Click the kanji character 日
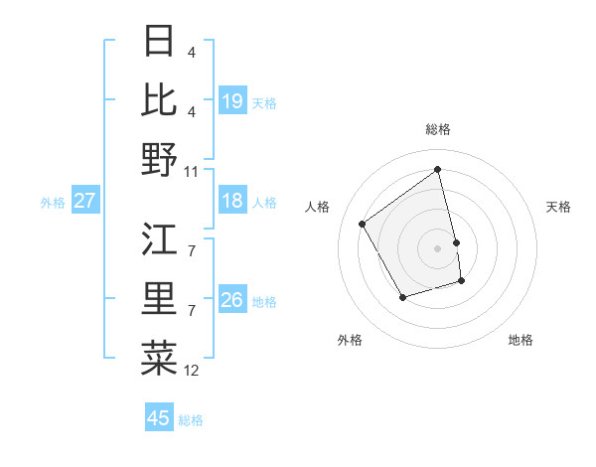point(160,41)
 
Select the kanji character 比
point(160,99)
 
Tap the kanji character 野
point(160,158)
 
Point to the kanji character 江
point(160,239)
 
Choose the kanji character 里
point(160,298)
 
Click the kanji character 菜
point(160,357)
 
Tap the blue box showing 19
point(232,101)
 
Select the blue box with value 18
point(232,201)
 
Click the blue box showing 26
point(232,300)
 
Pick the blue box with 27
point(85,201)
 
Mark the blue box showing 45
point(159,418)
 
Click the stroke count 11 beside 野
point(193,171)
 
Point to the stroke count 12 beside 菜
point(193,371)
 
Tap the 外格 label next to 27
point(53,203)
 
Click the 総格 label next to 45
point(191,420)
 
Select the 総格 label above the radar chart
point(438,129)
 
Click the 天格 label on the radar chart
point(559,207)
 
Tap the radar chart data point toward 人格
point(363,224)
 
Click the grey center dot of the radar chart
point(438,247)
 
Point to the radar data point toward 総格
point(438,169)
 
